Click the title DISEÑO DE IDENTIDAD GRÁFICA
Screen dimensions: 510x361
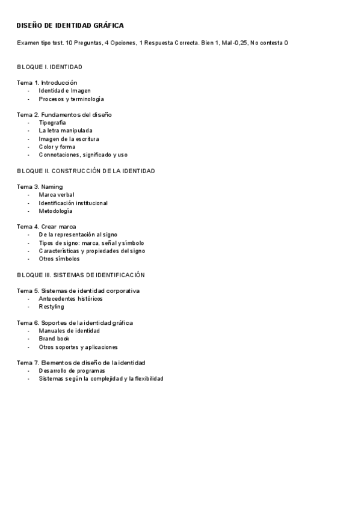click(70, 26)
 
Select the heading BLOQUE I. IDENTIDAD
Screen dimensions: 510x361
click(50, 66)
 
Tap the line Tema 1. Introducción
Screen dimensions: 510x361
click(47, 82)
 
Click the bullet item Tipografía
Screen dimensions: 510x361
click(52, 123)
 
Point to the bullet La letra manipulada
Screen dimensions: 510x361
click(66, 131)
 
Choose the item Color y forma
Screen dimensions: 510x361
click(57, 147)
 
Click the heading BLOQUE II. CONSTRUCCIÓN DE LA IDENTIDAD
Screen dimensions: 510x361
click(86, 171)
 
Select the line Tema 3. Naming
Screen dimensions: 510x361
click(40, 187)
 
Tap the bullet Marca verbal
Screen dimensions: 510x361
click(57, 195)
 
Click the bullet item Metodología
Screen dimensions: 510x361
click(55, 211)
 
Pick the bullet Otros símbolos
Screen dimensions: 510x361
click(59, 259)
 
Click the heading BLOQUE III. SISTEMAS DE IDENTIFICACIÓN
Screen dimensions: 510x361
click(81, 275)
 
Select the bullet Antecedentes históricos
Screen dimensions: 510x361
click(70, 298)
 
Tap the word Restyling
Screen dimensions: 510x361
click(51, 307)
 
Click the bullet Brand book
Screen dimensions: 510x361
click(54, 339)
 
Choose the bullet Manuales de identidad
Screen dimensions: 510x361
click(69, 331)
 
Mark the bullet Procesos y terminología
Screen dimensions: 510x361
click(71, 99)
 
